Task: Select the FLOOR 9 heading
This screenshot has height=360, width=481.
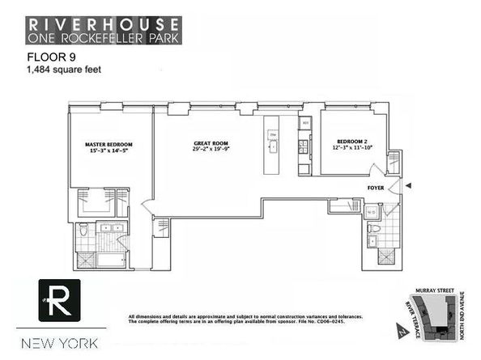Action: pos(42,59)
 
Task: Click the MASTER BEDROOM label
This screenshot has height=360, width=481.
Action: pos(109,144)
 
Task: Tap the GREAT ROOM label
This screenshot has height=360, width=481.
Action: pos(210,140)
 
